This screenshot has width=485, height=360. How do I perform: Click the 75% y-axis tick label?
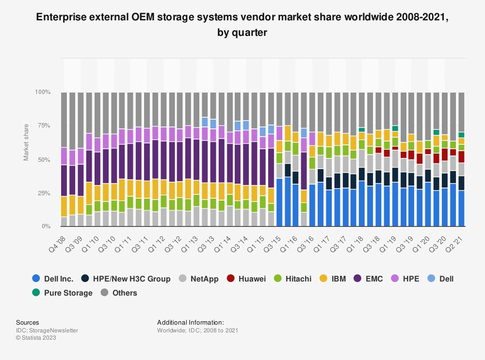(x=44, y=126)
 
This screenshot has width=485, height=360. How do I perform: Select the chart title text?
(x=242, y=25)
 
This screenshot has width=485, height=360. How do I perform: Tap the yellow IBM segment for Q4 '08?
(x=64, y=206)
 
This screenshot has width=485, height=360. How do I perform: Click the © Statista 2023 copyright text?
(x=36, y=338)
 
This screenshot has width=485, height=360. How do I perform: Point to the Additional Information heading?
(x=191, y=322)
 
